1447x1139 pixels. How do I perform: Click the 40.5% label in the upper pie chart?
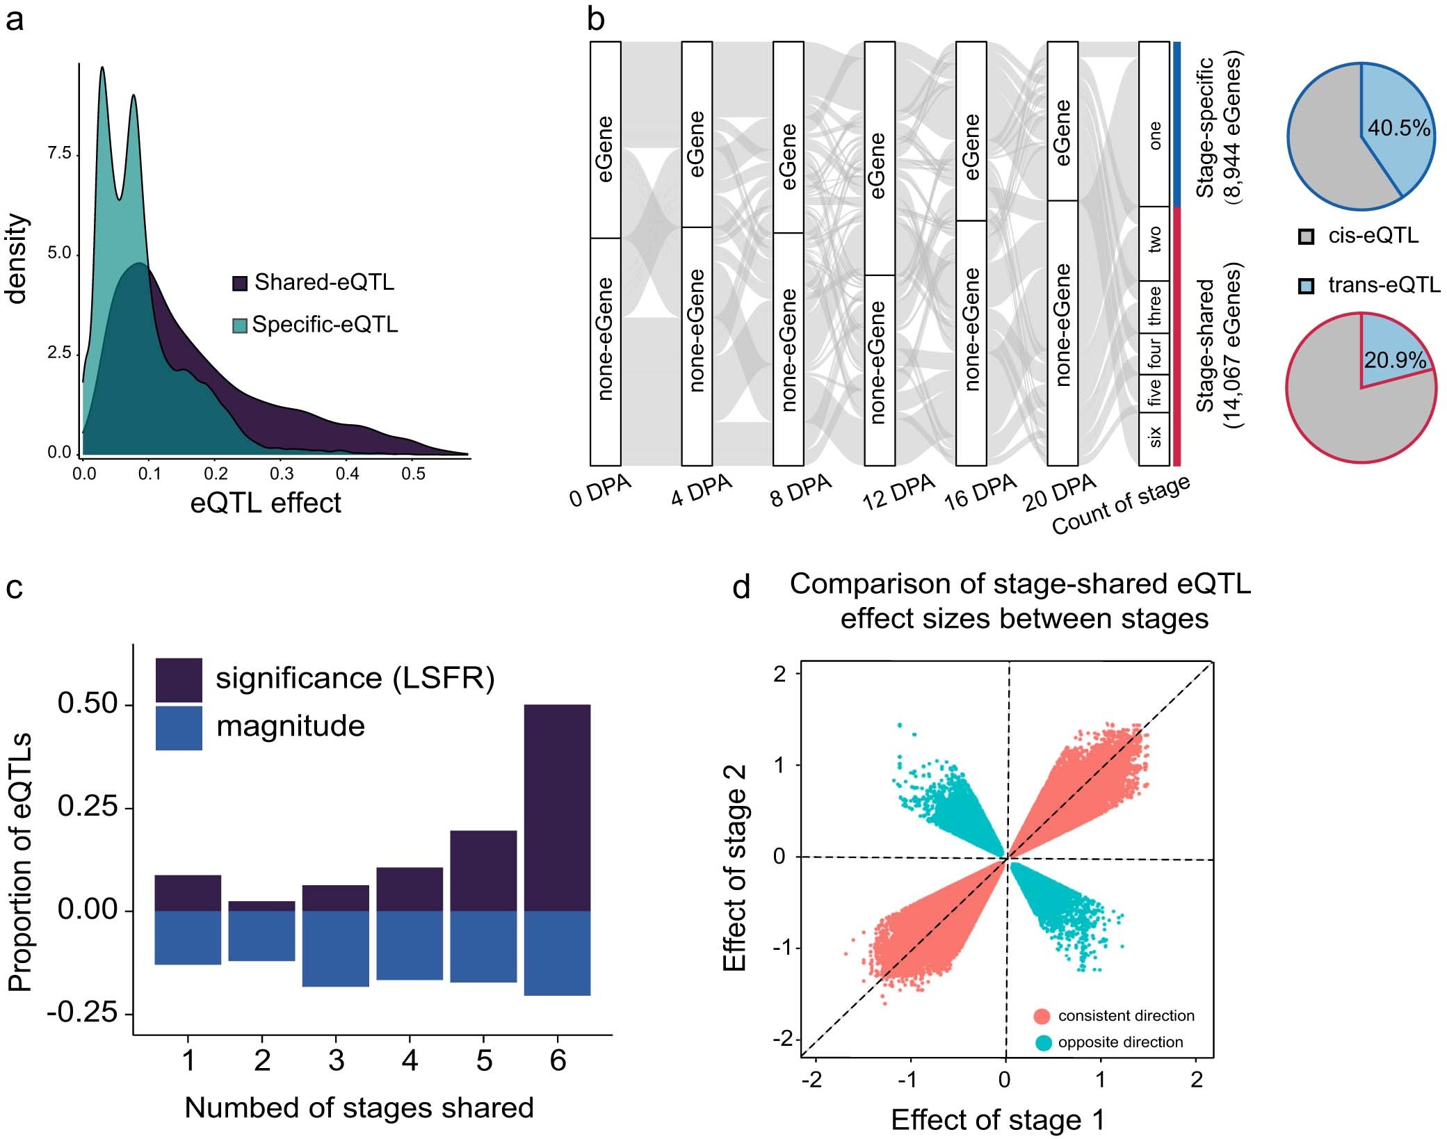[1398, 129]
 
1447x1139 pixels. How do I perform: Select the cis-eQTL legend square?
[1305, 236]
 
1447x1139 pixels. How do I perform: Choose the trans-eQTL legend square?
[1305, 286]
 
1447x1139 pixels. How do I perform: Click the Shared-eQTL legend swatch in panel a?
[239, 283]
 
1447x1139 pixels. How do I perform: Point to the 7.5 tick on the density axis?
[60, 154]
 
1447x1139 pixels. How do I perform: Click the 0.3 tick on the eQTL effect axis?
[281, 474]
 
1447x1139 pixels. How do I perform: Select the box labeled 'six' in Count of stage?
[1154, 438]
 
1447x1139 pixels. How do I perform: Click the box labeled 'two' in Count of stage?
[1154, 242]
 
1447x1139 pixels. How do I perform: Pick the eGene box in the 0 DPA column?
[605, 139]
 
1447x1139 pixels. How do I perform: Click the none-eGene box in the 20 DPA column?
[1062, 332]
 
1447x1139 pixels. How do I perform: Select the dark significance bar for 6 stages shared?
[557, 807]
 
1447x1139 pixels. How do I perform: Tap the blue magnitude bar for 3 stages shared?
[335, 948]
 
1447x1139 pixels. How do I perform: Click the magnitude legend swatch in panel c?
[179, 728]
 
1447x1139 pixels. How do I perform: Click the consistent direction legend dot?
[1042, 1016]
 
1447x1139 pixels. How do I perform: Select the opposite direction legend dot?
[1042, 1042]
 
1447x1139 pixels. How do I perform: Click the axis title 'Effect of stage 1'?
[997, 1120]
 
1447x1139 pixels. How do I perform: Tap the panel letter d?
[741, 588]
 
